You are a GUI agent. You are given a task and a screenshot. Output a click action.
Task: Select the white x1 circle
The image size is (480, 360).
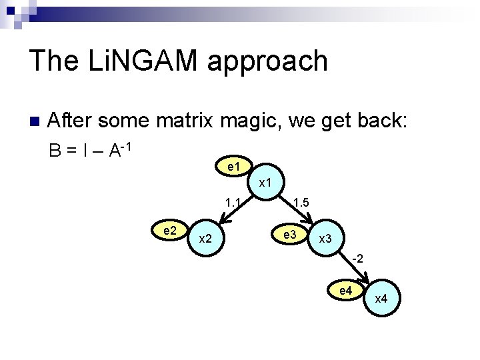coord(264,182)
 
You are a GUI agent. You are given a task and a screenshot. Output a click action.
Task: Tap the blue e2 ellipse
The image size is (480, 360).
coord(169,231)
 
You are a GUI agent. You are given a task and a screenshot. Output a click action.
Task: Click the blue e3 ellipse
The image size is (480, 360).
coord(290,235)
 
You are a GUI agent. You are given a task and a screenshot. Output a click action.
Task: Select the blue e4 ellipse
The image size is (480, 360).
coord(345,291)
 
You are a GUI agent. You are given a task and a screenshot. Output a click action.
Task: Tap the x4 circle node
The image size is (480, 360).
coord(381,298)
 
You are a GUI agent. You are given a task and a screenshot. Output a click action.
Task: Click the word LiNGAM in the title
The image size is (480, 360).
coord(137,61)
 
